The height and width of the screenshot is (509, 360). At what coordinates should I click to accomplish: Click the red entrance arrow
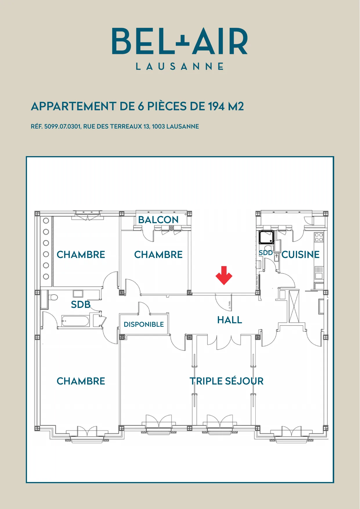pos(224,275)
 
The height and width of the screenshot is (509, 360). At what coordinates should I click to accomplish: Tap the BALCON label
pos(158,220)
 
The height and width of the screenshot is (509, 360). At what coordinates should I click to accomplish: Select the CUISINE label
pos(301,255)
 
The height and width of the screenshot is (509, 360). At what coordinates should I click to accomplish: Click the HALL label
pos(230,320)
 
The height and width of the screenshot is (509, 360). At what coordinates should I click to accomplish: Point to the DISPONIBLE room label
pos(144,324)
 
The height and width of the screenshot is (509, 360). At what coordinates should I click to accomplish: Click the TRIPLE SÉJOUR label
pos(227,381)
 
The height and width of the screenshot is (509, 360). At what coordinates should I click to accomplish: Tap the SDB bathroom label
pos(81,304)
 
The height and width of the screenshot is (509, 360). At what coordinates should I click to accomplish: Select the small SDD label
pos(266,253)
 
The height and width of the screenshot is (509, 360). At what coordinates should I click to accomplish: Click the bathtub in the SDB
pos(75,321)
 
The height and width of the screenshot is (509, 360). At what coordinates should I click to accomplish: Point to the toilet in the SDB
pos(53,297)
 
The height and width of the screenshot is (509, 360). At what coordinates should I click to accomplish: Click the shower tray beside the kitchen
pos(266,237)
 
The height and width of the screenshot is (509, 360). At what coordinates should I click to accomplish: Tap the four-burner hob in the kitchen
pos(319,237)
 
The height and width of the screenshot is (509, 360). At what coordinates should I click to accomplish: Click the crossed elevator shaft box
pos(294,306)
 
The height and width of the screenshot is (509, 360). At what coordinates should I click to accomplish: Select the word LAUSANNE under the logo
pos(180,66)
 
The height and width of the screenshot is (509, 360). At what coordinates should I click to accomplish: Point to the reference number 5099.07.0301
pos(63,127)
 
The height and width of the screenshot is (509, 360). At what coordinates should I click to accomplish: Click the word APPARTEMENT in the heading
pos(74,107)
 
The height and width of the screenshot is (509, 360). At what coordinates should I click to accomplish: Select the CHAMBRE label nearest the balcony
pos(158,255)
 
